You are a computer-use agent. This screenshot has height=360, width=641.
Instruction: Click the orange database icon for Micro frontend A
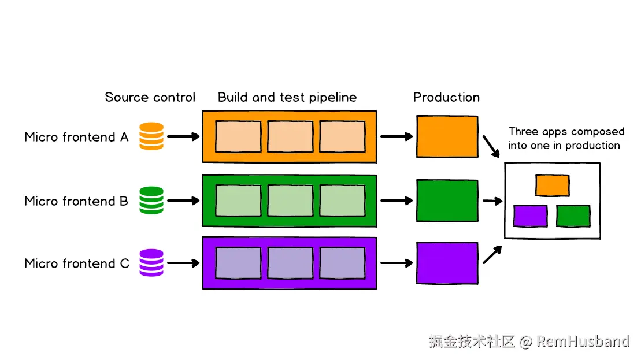click(151, 136)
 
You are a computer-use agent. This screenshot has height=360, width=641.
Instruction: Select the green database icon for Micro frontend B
click(151, 201)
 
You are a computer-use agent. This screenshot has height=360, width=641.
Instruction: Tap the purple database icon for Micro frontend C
click(151, 263)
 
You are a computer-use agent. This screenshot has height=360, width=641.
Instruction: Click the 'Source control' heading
click(150, 97)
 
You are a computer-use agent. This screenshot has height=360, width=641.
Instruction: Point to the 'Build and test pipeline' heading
click(287, 97)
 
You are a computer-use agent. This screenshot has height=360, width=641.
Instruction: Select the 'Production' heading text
click(446, 97)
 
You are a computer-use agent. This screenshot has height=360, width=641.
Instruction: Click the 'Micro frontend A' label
click(77, 137)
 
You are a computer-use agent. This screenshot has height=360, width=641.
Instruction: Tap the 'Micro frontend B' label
click(77, 201)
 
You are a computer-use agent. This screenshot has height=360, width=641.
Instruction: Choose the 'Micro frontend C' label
click(77, 263)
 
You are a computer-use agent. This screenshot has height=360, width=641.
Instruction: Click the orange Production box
click(447, 136)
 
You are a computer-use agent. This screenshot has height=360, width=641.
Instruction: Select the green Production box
click(447, 201)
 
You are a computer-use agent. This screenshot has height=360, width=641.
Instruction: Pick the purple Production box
click(447, 263)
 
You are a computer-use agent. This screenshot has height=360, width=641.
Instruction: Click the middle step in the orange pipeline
click(290, 136)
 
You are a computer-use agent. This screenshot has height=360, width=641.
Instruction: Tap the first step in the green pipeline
click(238, 200)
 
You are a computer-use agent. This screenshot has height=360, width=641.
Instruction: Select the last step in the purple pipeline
click(342, 263)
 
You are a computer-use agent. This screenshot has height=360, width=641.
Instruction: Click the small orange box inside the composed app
click(553, 185)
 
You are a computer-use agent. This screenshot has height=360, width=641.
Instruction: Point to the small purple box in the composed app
click(531, 216)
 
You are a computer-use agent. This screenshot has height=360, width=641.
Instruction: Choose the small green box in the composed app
click(573, 216)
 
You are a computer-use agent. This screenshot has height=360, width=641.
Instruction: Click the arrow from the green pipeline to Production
click(397, 201)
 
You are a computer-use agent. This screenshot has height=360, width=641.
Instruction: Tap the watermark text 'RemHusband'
click(583, 342)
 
